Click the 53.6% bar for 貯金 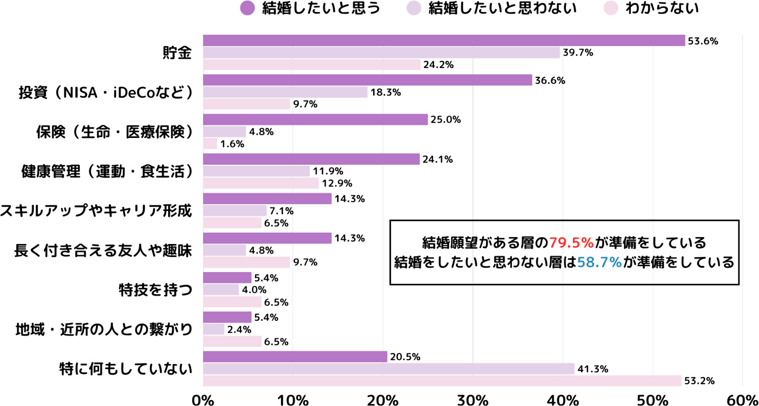click(443, 41)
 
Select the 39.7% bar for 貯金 click(381, 53)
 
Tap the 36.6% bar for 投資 click(367, 80)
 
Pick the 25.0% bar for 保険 click(315, 119)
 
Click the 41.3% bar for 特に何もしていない click(388, 369)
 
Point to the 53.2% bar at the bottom click(442, 381)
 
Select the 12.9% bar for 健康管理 click(261, 183)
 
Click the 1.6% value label click(232, 144)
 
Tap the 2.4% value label click(239, 330)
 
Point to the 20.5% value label click(405, 357)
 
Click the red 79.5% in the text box click(571, 243)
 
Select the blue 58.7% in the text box click(599, 262)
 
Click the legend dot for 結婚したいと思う click(248, 8)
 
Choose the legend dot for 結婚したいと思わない click(414, 8)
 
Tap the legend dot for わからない click(611, 8)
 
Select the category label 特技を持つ click(156, 290)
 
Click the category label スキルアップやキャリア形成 click(96, 211)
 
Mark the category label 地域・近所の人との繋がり click(104, 330)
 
